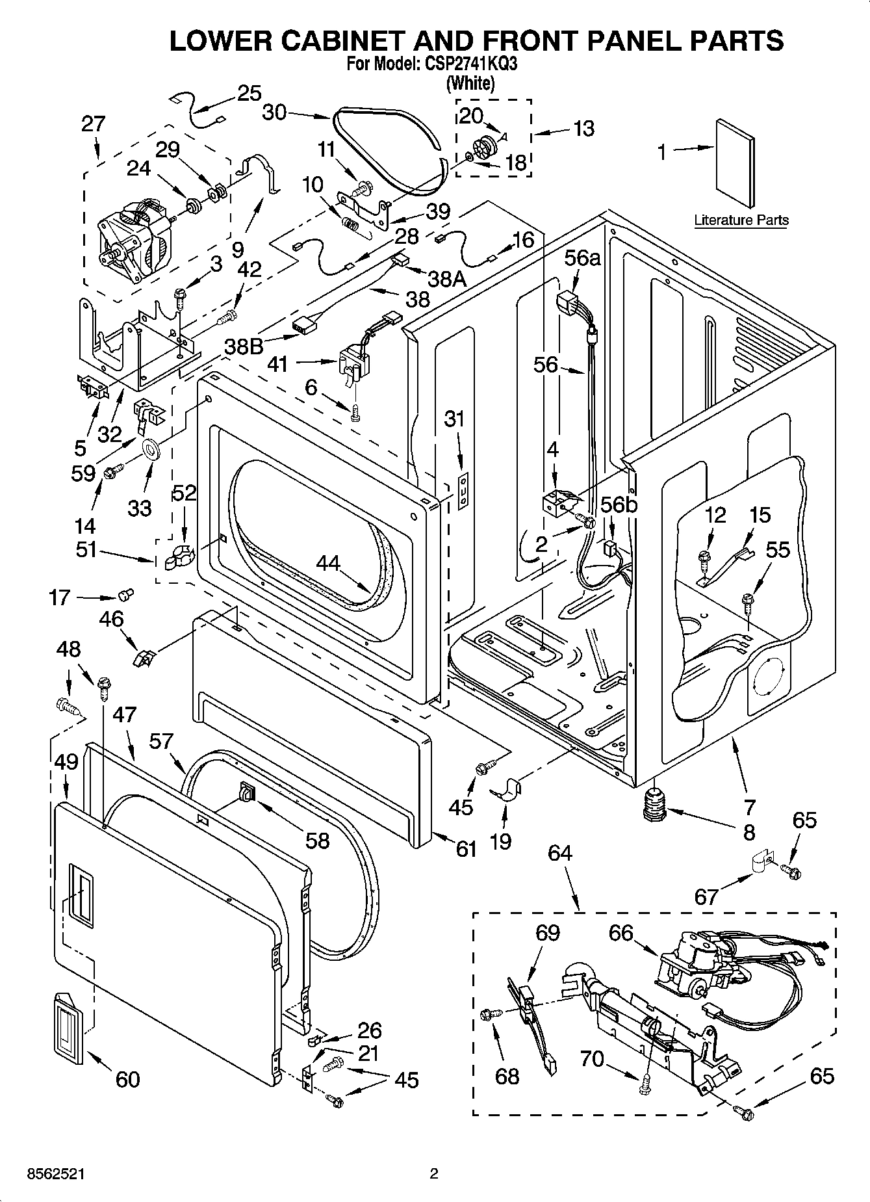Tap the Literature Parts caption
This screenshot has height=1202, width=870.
coord(741,220)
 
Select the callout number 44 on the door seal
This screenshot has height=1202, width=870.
coord(328,562)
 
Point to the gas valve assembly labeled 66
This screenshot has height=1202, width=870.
coord(698,968)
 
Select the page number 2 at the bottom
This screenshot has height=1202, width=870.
coord(434,1173)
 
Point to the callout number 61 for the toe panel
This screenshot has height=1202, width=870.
coord(466,848)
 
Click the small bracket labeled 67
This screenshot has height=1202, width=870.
coord(758,863)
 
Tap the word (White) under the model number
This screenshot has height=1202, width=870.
coord(470,83)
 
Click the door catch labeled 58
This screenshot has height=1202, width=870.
coord(248,792)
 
